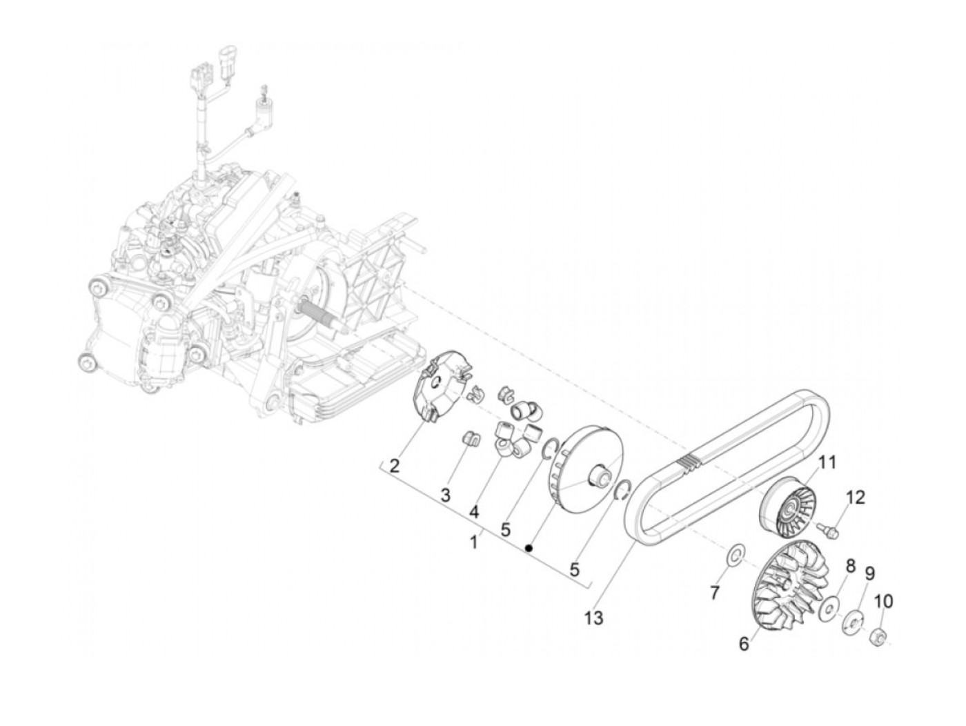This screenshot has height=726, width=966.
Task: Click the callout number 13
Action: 593,618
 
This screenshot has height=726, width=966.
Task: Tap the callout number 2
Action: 394,466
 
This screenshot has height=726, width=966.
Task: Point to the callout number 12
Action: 856,497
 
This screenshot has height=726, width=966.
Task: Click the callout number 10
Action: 883,602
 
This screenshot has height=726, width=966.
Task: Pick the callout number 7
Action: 715,592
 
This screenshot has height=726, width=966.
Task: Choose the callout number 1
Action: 473,542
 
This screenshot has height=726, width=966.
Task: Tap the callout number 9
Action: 870,573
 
